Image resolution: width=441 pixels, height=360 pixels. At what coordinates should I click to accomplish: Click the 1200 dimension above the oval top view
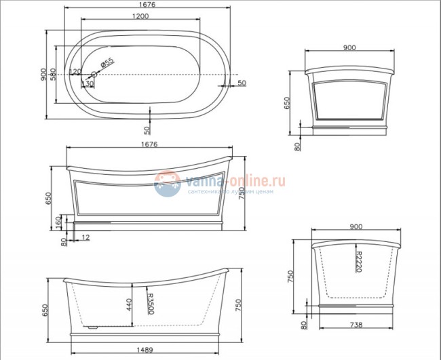coord(141,16)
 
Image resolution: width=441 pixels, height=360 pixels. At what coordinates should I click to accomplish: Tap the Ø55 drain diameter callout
coord(108,62)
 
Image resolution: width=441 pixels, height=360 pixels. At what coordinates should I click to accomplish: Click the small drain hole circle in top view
coord(94,74)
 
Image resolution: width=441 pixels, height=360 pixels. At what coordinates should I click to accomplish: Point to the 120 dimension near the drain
coord(75,71)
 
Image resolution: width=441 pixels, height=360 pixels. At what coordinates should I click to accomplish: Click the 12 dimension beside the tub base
coord(85,236)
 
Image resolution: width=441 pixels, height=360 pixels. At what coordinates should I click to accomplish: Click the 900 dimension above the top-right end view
coord(350,48)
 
